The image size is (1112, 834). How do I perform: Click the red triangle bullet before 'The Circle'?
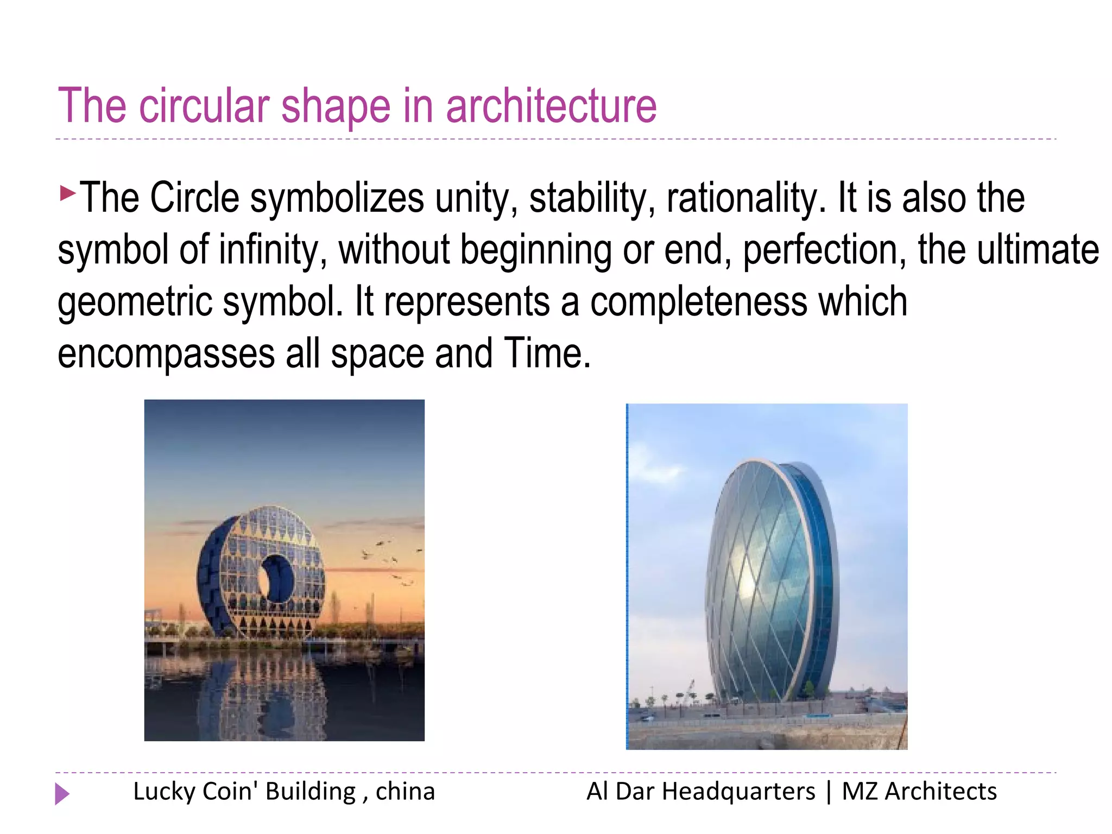pyautogui.click(x=67, y=193)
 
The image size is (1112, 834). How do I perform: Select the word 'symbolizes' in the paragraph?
pyautogui.click(x=337, y=198)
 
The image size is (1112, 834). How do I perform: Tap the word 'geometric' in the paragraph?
pyautogui.click(x=135, y=302)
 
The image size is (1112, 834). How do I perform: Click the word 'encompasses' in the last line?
pyautogui.click(x=166, y=354)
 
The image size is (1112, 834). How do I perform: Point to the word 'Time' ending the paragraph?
pyautogui.click(x=546, y=354)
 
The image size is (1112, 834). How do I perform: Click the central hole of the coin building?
pyautogui.click(x=276, y=579)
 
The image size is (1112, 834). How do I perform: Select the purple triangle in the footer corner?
pyautogui.click(x=62, y=794)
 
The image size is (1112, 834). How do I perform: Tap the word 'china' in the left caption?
pyautogui.click(x=405, y=792)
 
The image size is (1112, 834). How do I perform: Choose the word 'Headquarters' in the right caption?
pyautogui.click(x=738, y=792)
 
